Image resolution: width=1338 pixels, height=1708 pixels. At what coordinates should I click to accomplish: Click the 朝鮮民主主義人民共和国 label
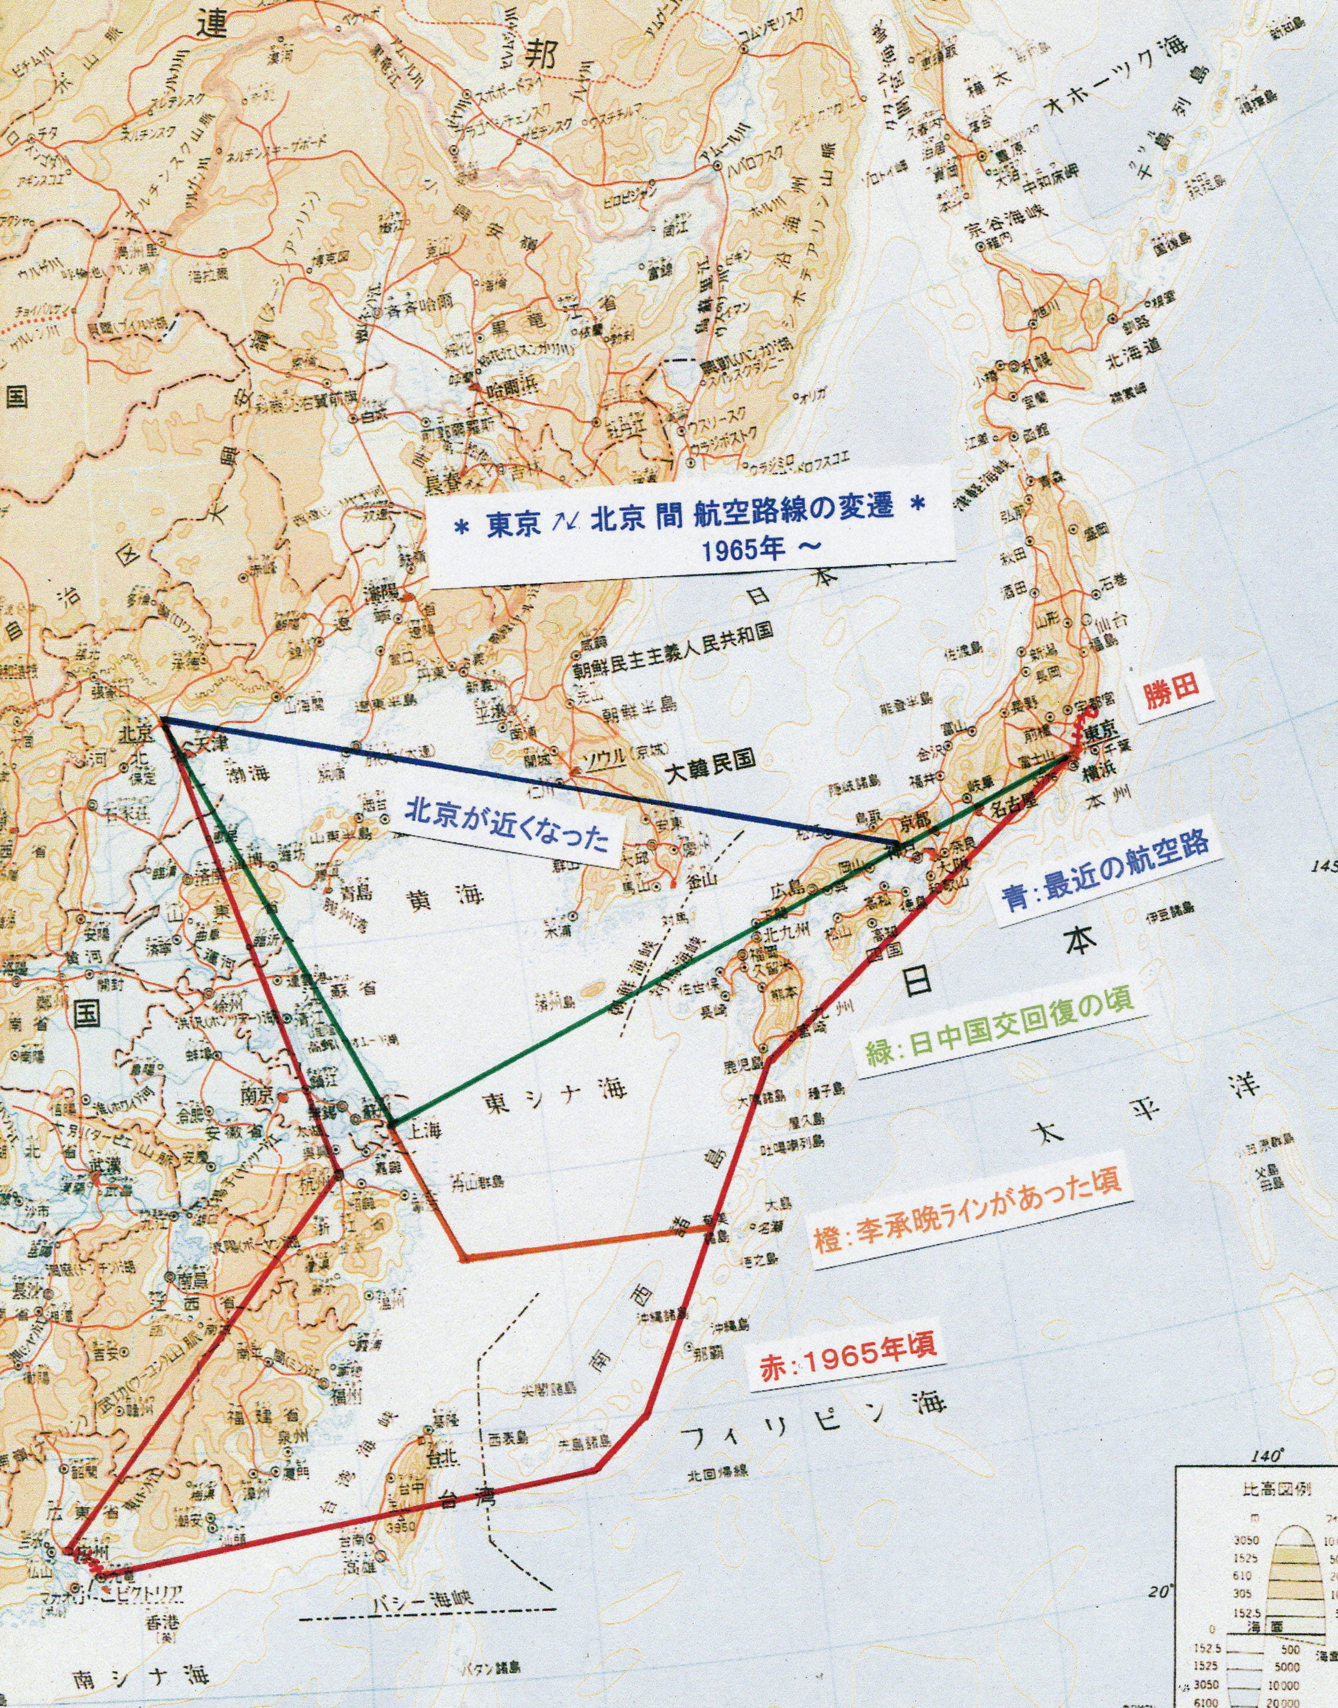point(672,649)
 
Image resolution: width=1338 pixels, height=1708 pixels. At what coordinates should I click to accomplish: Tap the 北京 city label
point(135,733)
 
